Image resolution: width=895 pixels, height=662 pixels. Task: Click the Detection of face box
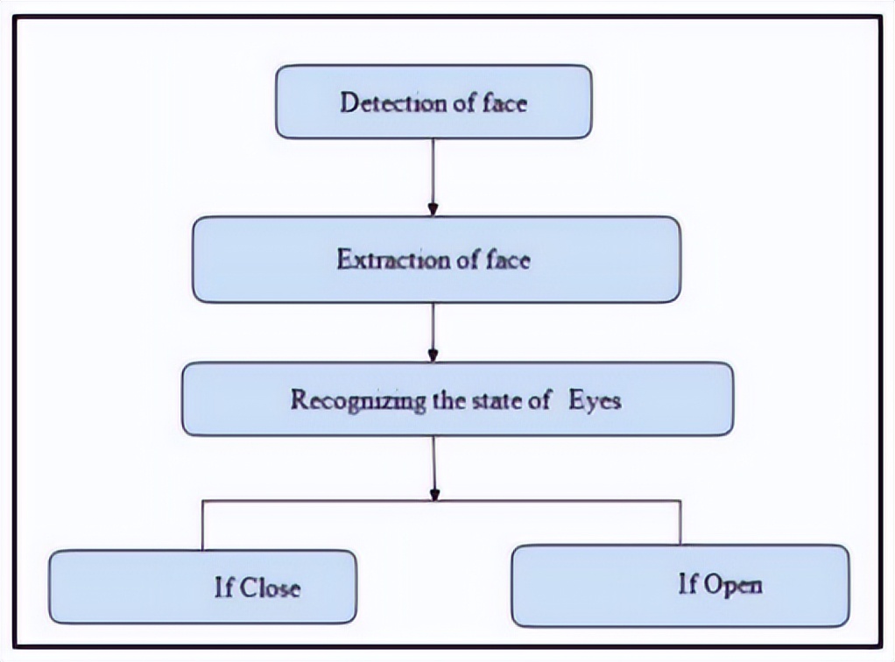click(433, 102)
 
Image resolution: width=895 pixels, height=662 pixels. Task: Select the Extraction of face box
click(436, 259)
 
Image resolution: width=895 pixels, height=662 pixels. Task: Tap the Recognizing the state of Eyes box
click(456, 399)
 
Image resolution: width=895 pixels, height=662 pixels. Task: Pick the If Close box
click(202, 587)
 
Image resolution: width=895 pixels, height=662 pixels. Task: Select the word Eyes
click(595, 400)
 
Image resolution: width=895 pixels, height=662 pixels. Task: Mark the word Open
click(731, 584)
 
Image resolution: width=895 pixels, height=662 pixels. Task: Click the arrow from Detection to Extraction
click(433, 175)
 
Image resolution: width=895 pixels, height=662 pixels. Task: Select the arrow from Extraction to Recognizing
click(433, 331)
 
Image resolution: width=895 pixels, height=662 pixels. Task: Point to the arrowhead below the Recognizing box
click(433, 495)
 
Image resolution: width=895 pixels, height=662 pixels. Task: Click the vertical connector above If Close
click(203, 525)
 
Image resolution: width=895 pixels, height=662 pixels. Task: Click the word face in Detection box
click(505, 102)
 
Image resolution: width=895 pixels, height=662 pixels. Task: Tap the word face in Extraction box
click(508, 259)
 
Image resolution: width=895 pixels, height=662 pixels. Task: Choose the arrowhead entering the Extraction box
click(433, 210)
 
